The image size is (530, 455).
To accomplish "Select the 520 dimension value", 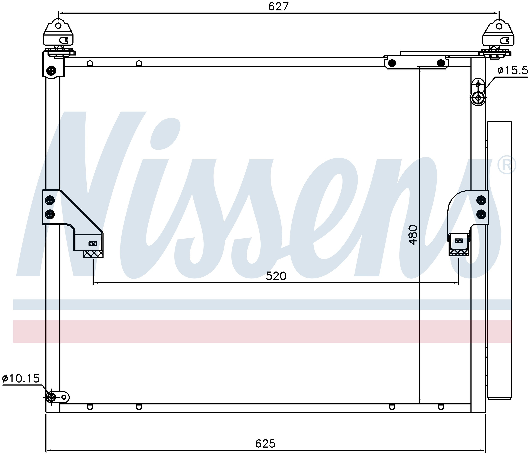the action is point(276,276).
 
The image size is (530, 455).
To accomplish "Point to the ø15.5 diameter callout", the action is point(513,70).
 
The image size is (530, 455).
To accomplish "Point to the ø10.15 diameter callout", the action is point(21,378).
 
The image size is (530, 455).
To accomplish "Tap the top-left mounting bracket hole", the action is point(58,26).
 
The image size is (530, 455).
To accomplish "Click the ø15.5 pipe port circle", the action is point(478,98).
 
